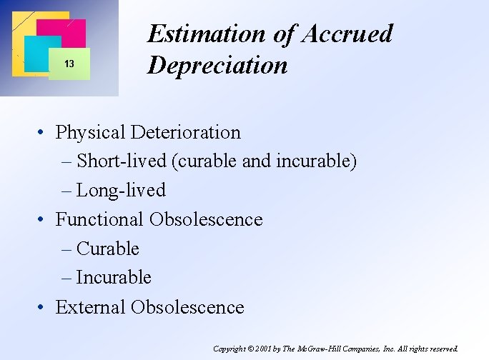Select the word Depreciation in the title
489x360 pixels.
tap(217, 66)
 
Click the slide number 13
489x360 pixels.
tap(69, 64)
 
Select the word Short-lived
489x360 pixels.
tap(122, 161)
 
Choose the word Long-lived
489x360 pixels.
tap(121, 191)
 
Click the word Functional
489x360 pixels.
tap(100, 220)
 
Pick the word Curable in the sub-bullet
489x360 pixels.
tap(108, 249)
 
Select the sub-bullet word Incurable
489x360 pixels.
tap(114, 278)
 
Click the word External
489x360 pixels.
tap(90, 308)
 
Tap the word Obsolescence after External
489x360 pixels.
tap(187, 308)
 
